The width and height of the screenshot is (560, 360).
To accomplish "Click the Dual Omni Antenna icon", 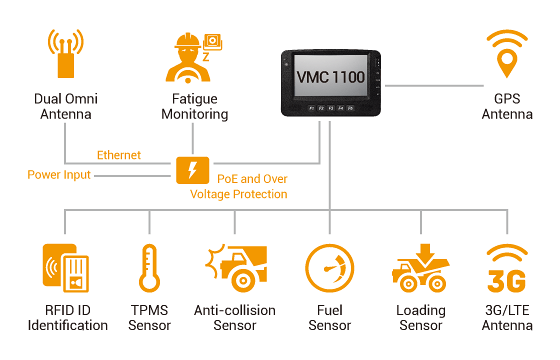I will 64,56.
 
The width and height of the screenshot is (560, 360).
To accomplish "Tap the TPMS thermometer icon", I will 150,268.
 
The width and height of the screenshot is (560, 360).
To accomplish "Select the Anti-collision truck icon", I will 237,269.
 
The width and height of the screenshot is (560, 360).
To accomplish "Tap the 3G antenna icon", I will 506,268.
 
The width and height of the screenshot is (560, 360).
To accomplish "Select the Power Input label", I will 59,175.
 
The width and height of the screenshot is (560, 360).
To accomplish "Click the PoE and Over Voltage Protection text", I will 252,185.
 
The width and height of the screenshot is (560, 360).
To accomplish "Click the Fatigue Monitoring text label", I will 194,107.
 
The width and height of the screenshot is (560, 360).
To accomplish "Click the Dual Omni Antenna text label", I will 64,107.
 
